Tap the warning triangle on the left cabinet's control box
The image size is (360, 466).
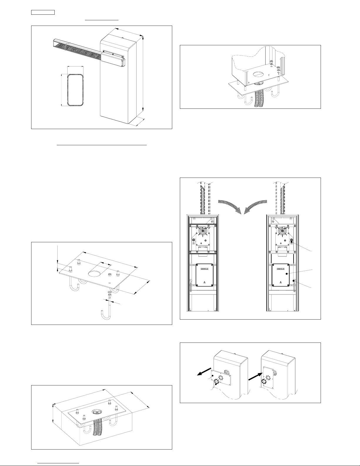[205, 283]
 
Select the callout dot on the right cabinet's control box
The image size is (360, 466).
[286, 274]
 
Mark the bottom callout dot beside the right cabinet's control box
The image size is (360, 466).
[294, 281]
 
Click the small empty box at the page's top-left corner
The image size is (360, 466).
[43, 12]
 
